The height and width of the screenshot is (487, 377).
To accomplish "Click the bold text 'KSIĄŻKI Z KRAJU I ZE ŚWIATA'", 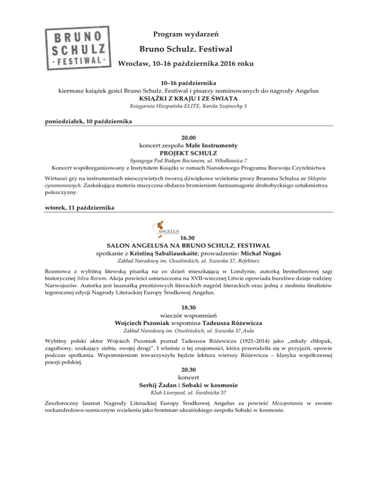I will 188,98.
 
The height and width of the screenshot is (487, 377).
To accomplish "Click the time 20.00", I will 188,138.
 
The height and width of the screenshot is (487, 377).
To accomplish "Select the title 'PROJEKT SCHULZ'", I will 188,153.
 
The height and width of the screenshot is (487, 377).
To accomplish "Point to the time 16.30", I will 188,237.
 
